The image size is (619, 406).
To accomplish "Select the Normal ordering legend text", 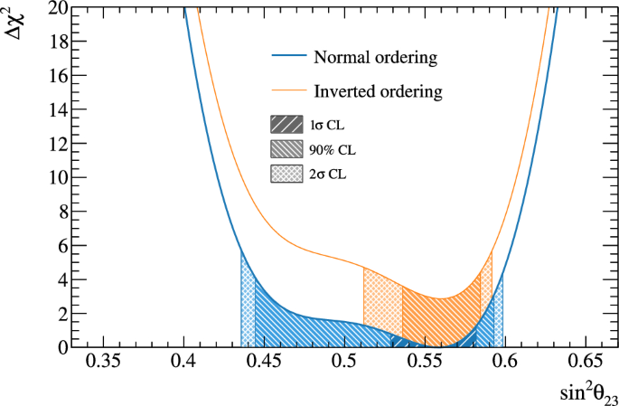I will click(x=375, y=58).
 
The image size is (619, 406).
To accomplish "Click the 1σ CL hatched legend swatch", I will click(x=287, y=124).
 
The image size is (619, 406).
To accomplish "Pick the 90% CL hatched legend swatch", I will click(x=287, y=147).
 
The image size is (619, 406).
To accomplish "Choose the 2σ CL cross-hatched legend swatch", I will click(x=287, y=171).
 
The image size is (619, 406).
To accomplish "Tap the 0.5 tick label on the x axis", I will click(x=343, y=363).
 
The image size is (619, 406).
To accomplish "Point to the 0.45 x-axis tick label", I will click(x=264, y=363).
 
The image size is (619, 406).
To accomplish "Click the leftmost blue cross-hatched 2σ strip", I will click(x=248, y=307).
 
